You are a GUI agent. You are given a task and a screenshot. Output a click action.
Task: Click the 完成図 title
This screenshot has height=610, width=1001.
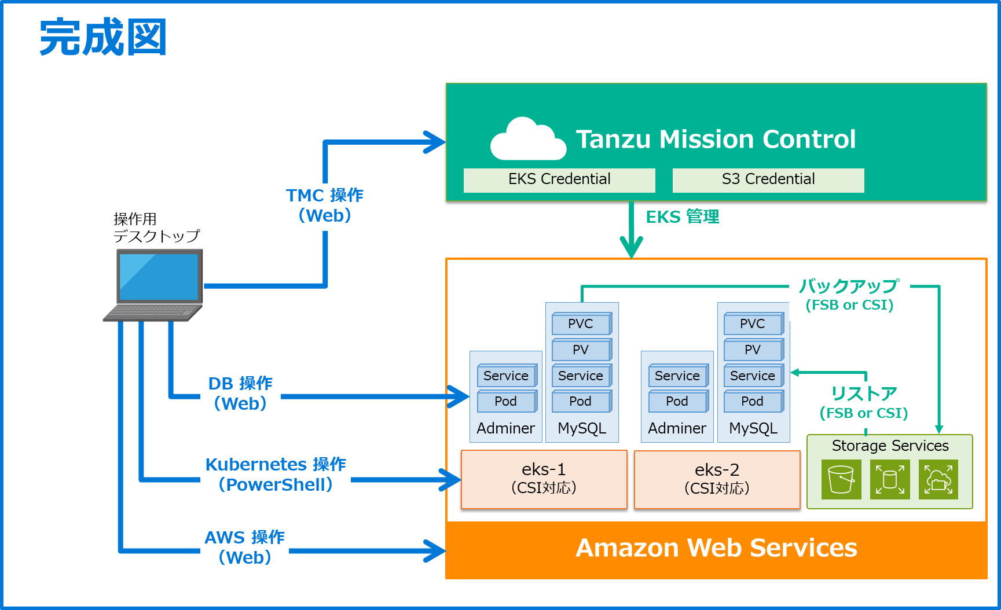pos(103,38)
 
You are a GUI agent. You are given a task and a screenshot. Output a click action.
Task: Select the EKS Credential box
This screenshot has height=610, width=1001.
pos(559,180)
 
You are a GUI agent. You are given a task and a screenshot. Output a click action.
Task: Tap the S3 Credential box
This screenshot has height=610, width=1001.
pos(768,180)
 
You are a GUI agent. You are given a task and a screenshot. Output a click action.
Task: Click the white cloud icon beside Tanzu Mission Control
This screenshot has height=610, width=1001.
pos(527,140)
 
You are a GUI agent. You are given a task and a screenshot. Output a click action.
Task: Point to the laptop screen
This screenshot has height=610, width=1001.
pos(159,276)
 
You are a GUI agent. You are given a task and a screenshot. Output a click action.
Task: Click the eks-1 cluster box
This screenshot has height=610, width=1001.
pos(544,479)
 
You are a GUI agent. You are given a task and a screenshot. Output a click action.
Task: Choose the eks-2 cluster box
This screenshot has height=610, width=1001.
pos(717,479)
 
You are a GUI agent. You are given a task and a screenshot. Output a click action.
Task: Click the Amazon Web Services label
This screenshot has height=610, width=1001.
pos(716,548)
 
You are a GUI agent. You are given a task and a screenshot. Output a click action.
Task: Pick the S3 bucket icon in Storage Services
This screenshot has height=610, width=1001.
pos(841,479)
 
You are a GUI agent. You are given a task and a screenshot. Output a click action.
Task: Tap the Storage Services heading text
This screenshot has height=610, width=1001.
pos(890,446)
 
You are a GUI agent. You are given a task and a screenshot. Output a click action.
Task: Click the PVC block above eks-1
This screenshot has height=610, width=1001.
pos(581,324)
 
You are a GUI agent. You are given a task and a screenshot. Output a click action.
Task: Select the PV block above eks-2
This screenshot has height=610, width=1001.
pos(753,350)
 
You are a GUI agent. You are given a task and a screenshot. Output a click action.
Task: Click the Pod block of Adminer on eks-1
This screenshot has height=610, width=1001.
pos(506,402)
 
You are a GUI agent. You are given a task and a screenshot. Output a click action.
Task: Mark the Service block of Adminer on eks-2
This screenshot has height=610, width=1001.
pos(677,376)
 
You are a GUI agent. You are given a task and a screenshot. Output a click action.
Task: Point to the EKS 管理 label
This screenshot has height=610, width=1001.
pos(682,217)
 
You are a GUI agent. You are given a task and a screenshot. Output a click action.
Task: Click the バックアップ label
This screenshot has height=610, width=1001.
pos(849,286)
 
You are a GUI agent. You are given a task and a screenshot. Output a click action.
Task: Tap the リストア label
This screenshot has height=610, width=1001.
pos(864,394)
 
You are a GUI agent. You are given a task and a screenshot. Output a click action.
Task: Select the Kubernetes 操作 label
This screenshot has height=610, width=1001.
pos(276,465)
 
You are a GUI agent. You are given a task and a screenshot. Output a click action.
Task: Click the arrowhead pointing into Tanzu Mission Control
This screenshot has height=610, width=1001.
pos(436,142)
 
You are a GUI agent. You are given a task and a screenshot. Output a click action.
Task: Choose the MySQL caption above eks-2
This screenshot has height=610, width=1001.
pos(753,428)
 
